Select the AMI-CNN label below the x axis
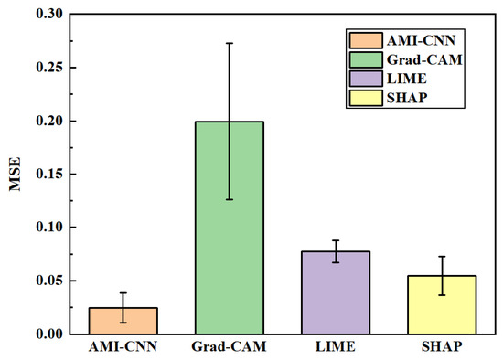pos(123,348)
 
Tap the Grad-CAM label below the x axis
pos(229,348)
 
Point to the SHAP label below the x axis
pos(441,348)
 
